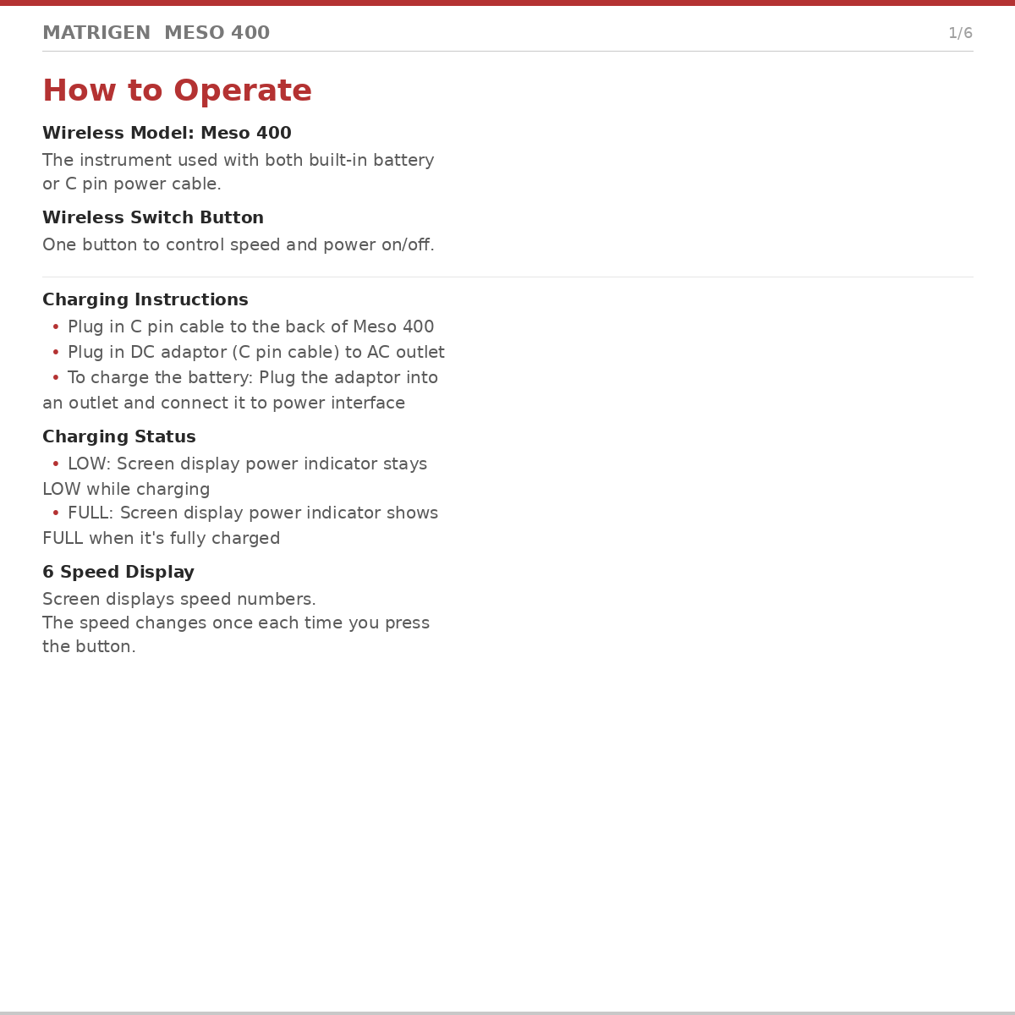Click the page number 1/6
[960, 34]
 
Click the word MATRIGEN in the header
[96, 34]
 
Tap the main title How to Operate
[177, 91]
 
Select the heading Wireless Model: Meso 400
[167, 134]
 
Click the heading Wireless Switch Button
[153, 218]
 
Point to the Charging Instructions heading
[145, 300]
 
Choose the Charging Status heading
[119, 437]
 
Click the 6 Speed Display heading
[118, 573]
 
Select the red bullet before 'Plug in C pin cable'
[56, 327]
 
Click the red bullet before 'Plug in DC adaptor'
[56, 353]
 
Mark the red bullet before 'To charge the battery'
[56, 378]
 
